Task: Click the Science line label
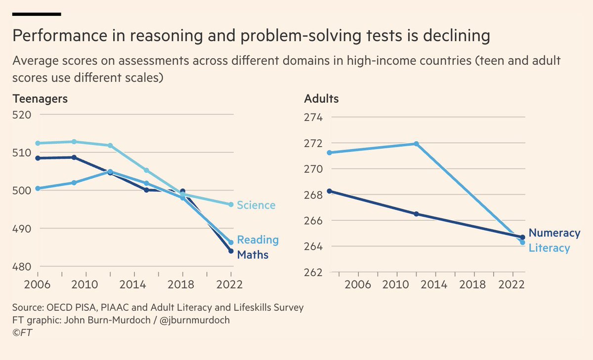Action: [x=256, y=205]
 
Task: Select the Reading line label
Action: [x=257, y=240]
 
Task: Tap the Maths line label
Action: [x=253, y=255]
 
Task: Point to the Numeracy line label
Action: [x=554, y=233]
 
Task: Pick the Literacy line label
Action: [x=549, y=248]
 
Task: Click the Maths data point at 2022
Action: [x=230, y=251]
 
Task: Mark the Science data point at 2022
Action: [x=230, y=204]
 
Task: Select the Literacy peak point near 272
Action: [x=416, y=144]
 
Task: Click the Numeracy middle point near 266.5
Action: [x=416, y=214]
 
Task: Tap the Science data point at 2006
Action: [x=38, y=143]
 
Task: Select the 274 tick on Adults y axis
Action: [x=312, y=118]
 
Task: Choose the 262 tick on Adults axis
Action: [x=312, y=272]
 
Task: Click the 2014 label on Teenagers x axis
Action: [x=133, y=285]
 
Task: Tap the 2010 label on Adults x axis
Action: [x=395, y=285]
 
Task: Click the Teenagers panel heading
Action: [x=40, y=98]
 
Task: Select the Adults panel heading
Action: [x=321, y=98]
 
